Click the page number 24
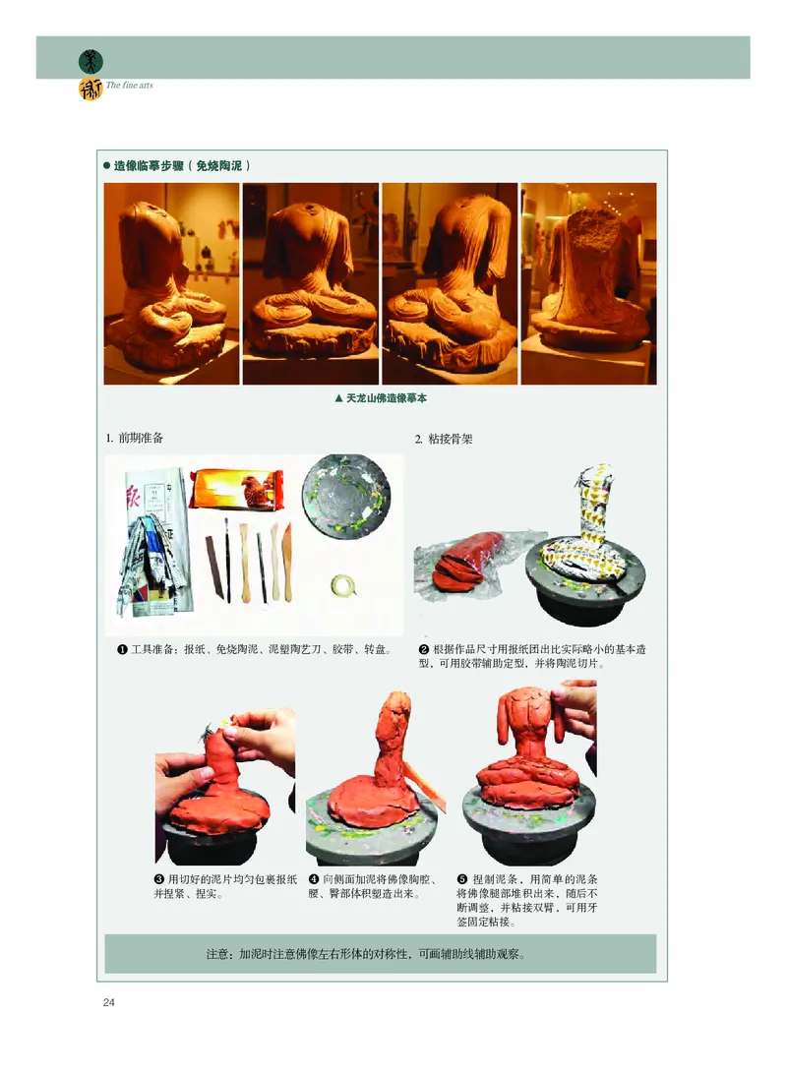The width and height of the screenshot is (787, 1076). [108, 1002]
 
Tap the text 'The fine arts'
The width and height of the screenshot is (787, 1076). [130, 86]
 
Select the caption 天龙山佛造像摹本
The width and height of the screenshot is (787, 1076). [381, 398]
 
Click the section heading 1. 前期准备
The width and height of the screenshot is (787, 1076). [135, 438]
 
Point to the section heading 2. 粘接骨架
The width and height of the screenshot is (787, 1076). [444, 439]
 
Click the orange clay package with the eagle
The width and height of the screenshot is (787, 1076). [236, 489]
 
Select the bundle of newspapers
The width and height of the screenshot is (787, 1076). [154, 542]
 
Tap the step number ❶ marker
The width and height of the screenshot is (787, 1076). [122, 649]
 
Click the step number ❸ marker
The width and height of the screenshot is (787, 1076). [159, 879]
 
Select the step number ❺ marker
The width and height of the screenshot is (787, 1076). [462, 879]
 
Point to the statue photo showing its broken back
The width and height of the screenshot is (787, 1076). [588, 283]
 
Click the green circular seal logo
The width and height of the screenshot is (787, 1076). [91, 62]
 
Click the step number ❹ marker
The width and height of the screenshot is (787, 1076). [314, 879]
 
